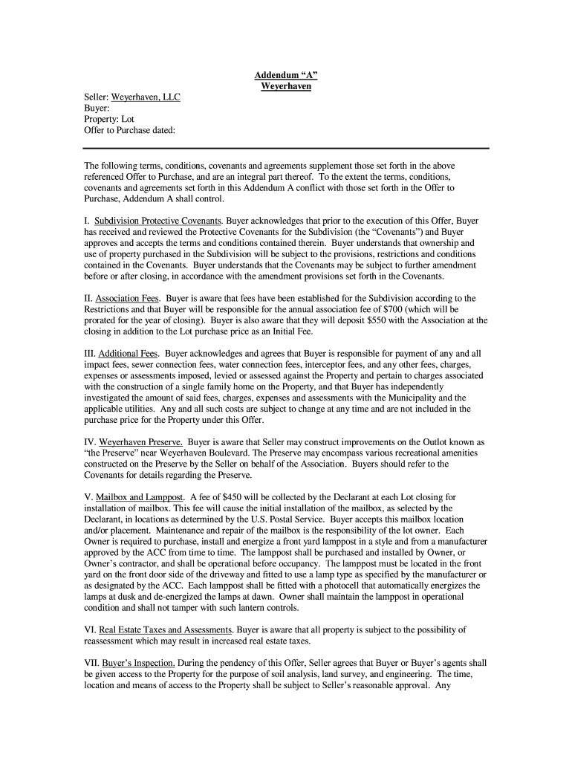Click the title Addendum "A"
click(286, 76)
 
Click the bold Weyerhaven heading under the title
click(286, 87)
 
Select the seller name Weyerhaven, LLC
click(146, 97)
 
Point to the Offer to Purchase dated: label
click(129, 130)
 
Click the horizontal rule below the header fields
click(286, 148)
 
